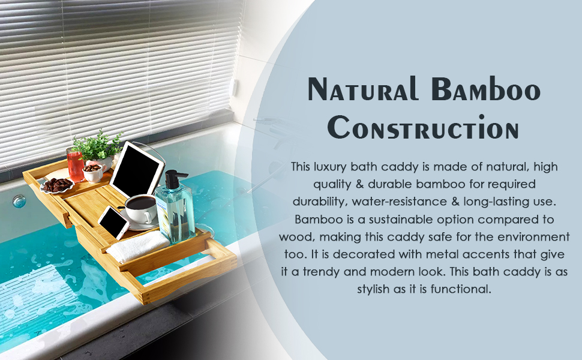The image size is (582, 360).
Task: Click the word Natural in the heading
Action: point(363,89)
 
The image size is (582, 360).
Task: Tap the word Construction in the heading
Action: point(423,127)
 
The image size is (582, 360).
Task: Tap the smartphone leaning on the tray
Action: point(114,223)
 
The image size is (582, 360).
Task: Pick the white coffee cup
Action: point(141,208)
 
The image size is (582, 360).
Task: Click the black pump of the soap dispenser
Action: point(173,179)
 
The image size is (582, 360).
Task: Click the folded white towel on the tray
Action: point(138,245)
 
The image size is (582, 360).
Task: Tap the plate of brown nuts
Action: point(57,185)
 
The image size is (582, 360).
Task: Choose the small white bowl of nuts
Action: point(93,172)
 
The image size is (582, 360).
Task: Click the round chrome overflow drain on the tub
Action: point(19,201)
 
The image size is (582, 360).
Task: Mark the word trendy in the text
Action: point(322,272)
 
